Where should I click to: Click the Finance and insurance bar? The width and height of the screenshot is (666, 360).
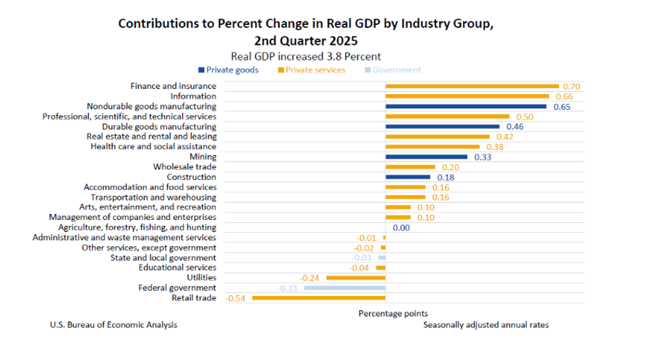(x=472, y=86)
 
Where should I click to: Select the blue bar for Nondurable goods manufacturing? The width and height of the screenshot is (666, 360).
(x=466, y=107)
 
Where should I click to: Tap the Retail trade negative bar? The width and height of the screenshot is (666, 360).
(x=319, y=298)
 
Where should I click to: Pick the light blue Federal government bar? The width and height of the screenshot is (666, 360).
(x=344, y=288)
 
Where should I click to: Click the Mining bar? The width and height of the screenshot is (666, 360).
(x=426, y=157)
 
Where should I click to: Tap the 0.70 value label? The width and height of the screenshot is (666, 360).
(x=571, y=86)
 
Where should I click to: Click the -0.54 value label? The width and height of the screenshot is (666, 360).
(x=236, y=298)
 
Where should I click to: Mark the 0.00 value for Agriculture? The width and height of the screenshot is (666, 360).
(x=401, y=228)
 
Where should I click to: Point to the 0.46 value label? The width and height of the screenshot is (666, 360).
(x=516, y=127)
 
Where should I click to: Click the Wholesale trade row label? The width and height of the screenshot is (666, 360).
(x=184, y=167)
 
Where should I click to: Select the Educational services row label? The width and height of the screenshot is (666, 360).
(x=177, y=268)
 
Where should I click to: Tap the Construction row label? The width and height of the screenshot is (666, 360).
(x=191, y=177)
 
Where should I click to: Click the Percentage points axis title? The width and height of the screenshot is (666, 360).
(x=393, y=313)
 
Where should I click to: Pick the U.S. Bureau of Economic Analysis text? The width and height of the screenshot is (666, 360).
(x=113, y=325)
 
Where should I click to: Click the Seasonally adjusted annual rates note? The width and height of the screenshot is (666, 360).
(x=486, y=325)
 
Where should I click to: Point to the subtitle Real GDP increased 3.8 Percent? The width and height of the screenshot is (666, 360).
(x=306, y=56)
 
